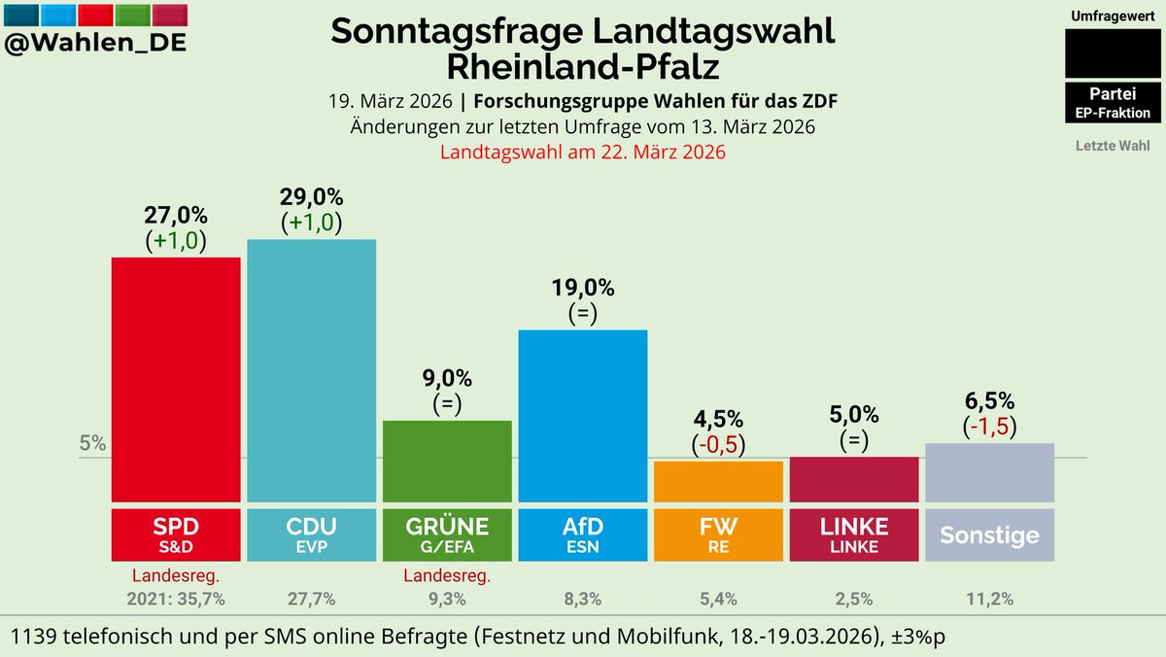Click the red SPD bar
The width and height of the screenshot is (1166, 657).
(176, 379)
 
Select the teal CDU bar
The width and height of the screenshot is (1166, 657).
(311, 370)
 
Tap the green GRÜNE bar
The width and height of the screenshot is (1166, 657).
(447, 461)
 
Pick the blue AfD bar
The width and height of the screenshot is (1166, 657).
(583, 415)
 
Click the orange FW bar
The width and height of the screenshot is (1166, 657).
(718, 481)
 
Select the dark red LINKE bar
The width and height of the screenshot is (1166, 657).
(854, 479)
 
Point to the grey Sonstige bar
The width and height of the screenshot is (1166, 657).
(989, 472)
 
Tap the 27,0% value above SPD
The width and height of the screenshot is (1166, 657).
(176, 215)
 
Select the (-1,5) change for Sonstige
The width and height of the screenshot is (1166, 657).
(989, 427)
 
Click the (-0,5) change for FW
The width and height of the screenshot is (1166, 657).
(718, 444)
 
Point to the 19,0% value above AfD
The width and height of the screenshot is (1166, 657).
(583, 288)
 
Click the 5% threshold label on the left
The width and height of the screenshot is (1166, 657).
(93, 444)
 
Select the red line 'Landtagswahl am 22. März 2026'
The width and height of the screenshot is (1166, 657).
(583, 153)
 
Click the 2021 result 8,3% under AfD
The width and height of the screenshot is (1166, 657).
(583, 599)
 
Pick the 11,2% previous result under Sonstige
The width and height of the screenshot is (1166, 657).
(989, 599)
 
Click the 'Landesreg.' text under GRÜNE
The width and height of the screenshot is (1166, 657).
(447, 575)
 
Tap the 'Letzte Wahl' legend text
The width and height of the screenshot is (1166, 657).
(1113, 146)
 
